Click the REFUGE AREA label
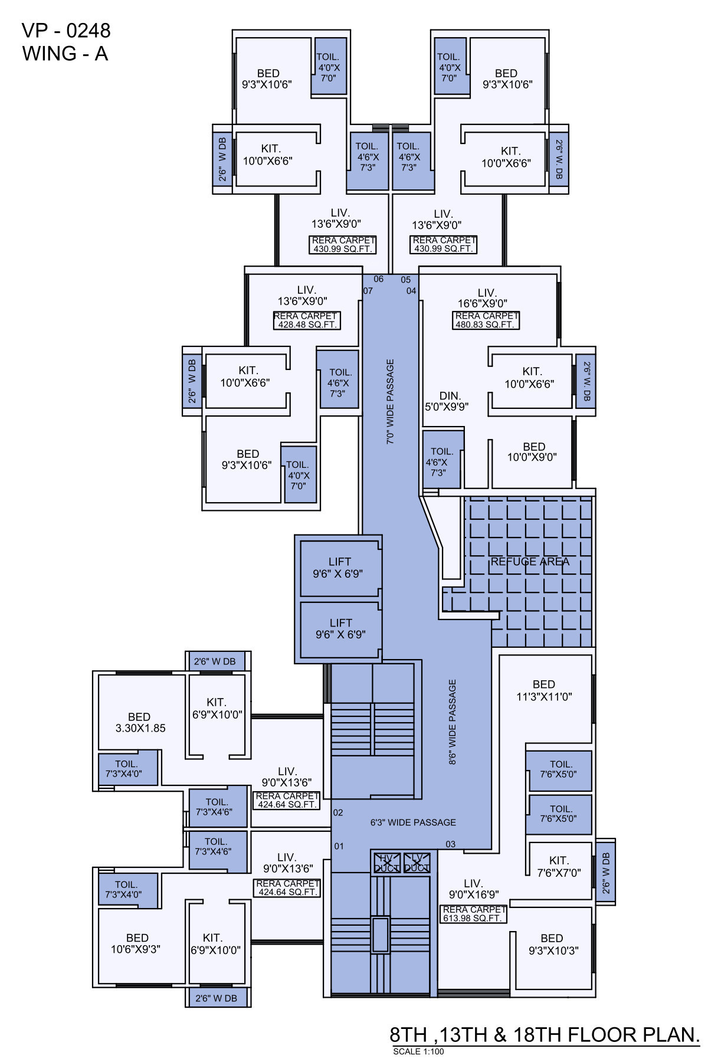(x=530, y=562)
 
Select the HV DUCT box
(x=387, y=863)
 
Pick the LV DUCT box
(x=417, y=863)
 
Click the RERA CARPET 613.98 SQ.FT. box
(x=474, y=914)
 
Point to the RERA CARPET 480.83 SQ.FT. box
(x=486, y=320)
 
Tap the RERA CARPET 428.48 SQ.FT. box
(x=307, y=320)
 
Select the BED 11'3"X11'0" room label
(x=544, y=690)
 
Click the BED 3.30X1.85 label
(x=140, y=722)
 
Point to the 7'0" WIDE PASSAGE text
(x=390, y=401)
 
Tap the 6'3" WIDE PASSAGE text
(x=413, y=822)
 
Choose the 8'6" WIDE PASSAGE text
(x=453, y=722)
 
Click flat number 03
(x=450, y=844)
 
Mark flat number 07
(x=368, y=291)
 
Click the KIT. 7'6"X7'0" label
(x=558, y=866)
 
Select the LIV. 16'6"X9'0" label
(x=483, y=298)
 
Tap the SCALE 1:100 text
(x=418, y=1051)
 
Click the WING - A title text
(x=65, y=54)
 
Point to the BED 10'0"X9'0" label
(x=532, y=452)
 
